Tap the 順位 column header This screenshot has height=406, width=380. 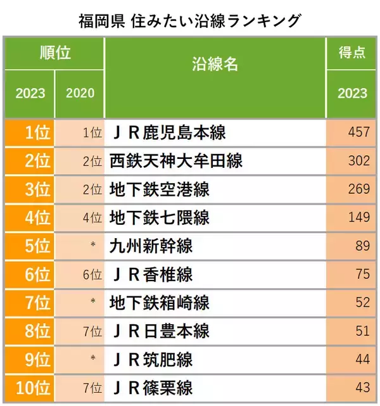54,53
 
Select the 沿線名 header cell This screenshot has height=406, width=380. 215,64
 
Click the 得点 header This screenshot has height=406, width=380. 352,53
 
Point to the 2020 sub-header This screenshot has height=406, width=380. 80,93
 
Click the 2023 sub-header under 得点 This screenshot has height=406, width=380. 352,93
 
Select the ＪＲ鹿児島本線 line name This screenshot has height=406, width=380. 168,133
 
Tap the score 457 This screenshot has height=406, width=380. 358,133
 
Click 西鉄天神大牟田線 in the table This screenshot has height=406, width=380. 176,161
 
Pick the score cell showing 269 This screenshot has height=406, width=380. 358,189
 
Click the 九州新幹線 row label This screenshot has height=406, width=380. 151,246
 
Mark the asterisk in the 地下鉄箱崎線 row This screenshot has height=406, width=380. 93,303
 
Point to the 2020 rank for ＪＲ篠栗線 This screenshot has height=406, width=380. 92,387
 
